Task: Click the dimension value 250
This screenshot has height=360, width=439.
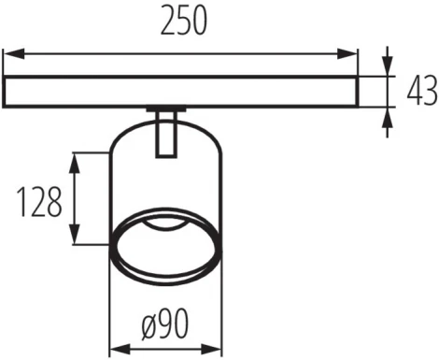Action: pyautogui.click(x=181, y=22)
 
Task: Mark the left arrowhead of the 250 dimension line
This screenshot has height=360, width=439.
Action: pyautogui.click(x=11, y=54)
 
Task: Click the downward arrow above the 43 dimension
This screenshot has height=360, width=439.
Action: pyautogui.click(x=388, y=67)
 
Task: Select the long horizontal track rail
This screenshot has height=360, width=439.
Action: pyautogui.click(x=181, y=91)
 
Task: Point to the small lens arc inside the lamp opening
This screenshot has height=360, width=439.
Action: pyautogui.click(x=166, y=225)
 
